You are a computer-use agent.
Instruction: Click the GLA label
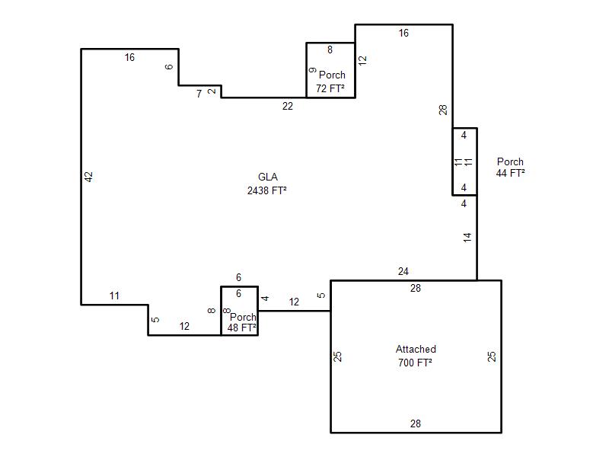[x=268, y=177]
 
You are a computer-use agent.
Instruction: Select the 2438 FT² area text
[x=267, y=190]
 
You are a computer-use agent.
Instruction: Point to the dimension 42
[x=89, y=177]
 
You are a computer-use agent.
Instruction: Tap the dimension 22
[x=288, y=106]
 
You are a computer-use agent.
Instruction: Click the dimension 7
[x=199, y=94]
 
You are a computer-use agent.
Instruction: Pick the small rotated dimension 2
[x=212, y=91]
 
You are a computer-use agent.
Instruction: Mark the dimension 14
[x=467, y=238]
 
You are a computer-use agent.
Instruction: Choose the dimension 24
[x=403, y=271]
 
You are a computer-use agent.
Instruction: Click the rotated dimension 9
[x=313, y=70]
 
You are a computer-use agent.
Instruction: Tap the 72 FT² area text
[x=330, y=88]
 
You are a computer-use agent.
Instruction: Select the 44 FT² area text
[x=510, y=173]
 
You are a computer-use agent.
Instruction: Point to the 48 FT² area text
[x=242, y=328]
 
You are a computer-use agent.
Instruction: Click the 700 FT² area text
[x=415, y=363]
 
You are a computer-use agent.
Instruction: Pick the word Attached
[x=416, y=349]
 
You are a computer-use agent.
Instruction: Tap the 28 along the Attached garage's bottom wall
[x=416, y=423]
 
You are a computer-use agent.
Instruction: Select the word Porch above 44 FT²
[x=510, y=161]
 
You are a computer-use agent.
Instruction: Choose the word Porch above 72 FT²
[x=332, y=75]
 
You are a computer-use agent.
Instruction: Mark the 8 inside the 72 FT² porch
[x=330, y=50]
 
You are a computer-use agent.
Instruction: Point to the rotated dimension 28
[x=443, y=110]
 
